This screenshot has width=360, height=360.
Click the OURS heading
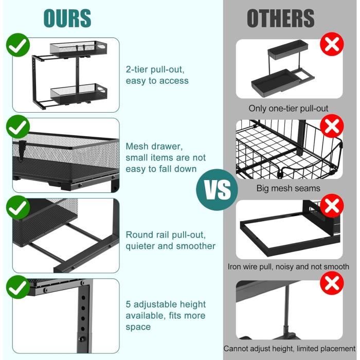[x=67, y=19]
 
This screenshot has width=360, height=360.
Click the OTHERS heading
[x=281, y=19]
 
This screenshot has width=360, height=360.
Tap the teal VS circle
[x=217, y=190]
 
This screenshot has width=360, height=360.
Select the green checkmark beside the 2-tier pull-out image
[x=18, y=45]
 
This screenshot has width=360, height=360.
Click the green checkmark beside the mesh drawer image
[x=18, y=127]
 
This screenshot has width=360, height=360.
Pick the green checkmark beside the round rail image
[x=18, y=207]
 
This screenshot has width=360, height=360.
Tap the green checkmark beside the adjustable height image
[x=18, y=287]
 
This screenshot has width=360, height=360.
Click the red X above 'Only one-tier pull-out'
[x=332, y=44]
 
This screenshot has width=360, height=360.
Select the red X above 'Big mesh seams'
[x=332, y=126]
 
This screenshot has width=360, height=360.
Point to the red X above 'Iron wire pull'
[x=332, y=206]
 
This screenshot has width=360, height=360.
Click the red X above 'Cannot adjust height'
[x=332, y=283]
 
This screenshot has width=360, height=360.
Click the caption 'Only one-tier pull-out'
[x=289, y=109]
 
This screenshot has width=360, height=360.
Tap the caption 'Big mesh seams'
[x=289, y=189]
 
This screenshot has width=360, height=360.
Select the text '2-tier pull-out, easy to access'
[x=157, y=75]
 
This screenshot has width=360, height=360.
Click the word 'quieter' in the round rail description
[x=140, y=246]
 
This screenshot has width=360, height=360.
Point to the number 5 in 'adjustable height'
[x=128, y=304]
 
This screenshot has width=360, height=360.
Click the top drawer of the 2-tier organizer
[x=79, y=49]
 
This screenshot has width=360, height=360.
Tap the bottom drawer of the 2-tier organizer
[x=79, y=94]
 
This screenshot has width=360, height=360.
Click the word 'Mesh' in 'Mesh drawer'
[x=135, y=146]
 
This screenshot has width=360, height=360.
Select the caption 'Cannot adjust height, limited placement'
[x=290, y=349]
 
